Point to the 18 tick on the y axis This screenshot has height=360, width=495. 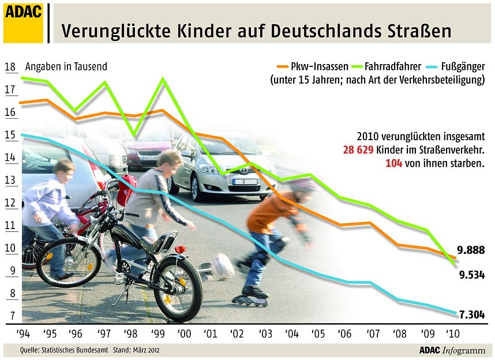click(x=10, y=67)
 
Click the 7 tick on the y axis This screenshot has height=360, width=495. click(x=10, y=316)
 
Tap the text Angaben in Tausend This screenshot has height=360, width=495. click(x=67, y=66)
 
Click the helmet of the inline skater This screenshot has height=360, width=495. click(x=302, y=186)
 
